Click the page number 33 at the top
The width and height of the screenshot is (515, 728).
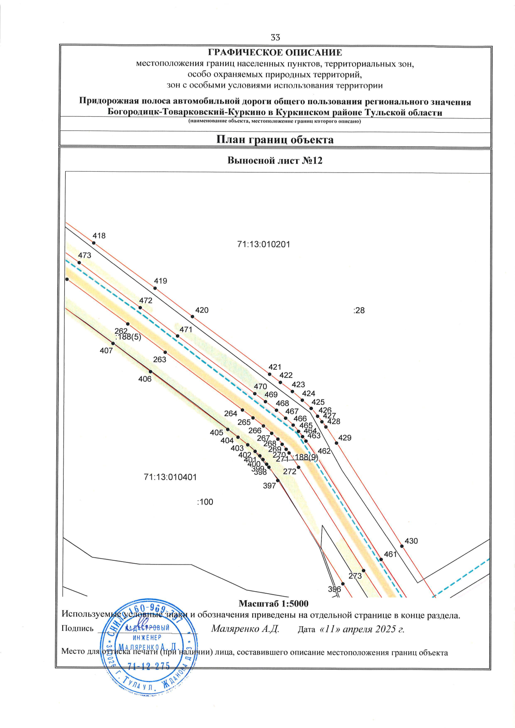click(x=275, y=37)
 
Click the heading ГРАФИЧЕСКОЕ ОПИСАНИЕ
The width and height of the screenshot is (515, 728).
click(x=275, y=53)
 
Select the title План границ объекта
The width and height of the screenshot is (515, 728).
click(x=275, y=140)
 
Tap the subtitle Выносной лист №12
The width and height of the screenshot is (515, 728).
click(x=275, y=161)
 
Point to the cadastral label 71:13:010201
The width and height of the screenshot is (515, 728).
click(x=264, y=245)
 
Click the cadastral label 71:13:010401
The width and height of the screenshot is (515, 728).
click(x=170, y=477)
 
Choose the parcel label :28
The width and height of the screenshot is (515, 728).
click(x=359, y=311)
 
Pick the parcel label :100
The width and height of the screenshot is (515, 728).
click(x=205, y=502)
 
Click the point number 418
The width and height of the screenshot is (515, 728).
click(x=99, y=236)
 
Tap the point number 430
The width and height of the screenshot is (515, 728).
click(x=411, y=541)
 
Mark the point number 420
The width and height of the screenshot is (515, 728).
click(x=202, y=310)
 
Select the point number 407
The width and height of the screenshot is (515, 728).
click(x=106, y=350)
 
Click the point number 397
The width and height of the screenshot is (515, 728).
click(x=269, y=486)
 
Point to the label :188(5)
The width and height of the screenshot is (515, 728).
click(x=128, y=337)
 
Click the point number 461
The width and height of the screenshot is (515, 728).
click(x=390, y=554)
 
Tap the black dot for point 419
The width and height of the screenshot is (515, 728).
click(x=155, y=288)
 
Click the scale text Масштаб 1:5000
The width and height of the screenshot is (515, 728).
click(x=273, y=604)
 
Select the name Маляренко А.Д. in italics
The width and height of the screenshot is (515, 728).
click(x=245, y=629)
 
